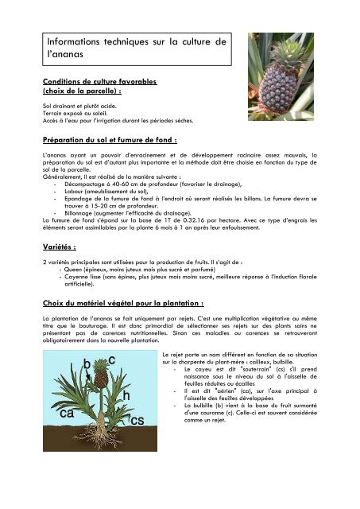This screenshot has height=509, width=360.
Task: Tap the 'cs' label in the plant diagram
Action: tap(136, 419)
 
